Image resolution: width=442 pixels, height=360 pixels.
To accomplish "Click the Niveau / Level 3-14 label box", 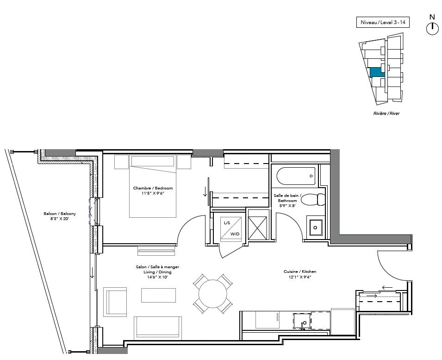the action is [383, 22].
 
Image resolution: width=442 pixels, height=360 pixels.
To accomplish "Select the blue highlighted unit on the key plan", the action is [377, 72].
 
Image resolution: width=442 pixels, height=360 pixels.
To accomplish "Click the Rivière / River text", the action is [386, 114].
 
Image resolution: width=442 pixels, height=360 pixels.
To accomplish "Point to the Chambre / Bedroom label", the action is [153, 188].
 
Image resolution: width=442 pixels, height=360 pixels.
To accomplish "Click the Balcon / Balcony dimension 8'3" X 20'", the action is [60, 219].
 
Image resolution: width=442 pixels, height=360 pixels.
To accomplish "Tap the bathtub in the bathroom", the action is [296, 176].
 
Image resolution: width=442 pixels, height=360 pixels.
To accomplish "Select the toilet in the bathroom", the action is [313, 200].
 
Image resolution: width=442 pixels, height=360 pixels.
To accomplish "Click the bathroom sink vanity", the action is [316, 227].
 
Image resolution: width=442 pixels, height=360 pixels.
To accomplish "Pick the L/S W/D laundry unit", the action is [231, 229].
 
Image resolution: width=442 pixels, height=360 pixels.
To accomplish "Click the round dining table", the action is [213, 294].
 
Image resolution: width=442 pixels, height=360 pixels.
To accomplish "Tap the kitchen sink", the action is [302, 321].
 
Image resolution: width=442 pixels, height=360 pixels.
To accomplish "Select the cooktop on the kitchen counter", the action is [268, 320].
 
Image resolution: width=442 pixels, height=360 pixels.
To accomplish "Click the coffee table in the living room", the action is [158, 295].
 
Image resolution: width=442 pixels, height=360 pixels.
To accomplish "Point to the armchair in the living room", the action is [115, 302].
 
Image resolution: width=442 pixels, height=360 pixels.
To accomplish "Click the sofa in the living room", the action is [158, 328].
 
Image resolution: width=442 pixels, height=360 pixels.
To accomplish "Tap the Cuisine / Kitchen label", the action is [300, 272].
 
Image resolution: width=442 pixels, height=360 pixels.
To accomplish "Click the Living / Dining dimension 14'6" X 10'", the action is [157, 277].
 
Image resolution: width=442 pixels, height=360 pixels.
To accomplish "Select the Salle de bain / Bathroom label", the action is [287, 198].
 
